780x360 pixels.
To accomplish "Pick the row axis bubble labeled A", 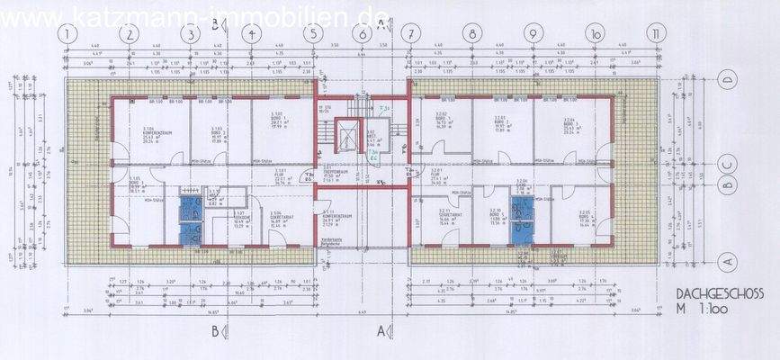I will point(728,259).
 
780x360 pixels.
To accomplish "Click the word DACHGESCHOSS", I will point(720,293).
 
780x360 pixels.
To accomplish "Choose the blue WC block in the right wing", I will point(521,219).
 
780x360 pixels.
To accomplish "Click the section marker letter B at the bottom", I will point(214,329).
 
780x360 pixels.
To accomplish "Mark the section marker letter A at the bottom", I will point(380,329).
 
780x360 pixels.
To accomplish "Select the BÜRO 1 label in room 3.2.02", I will point(442,118).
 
